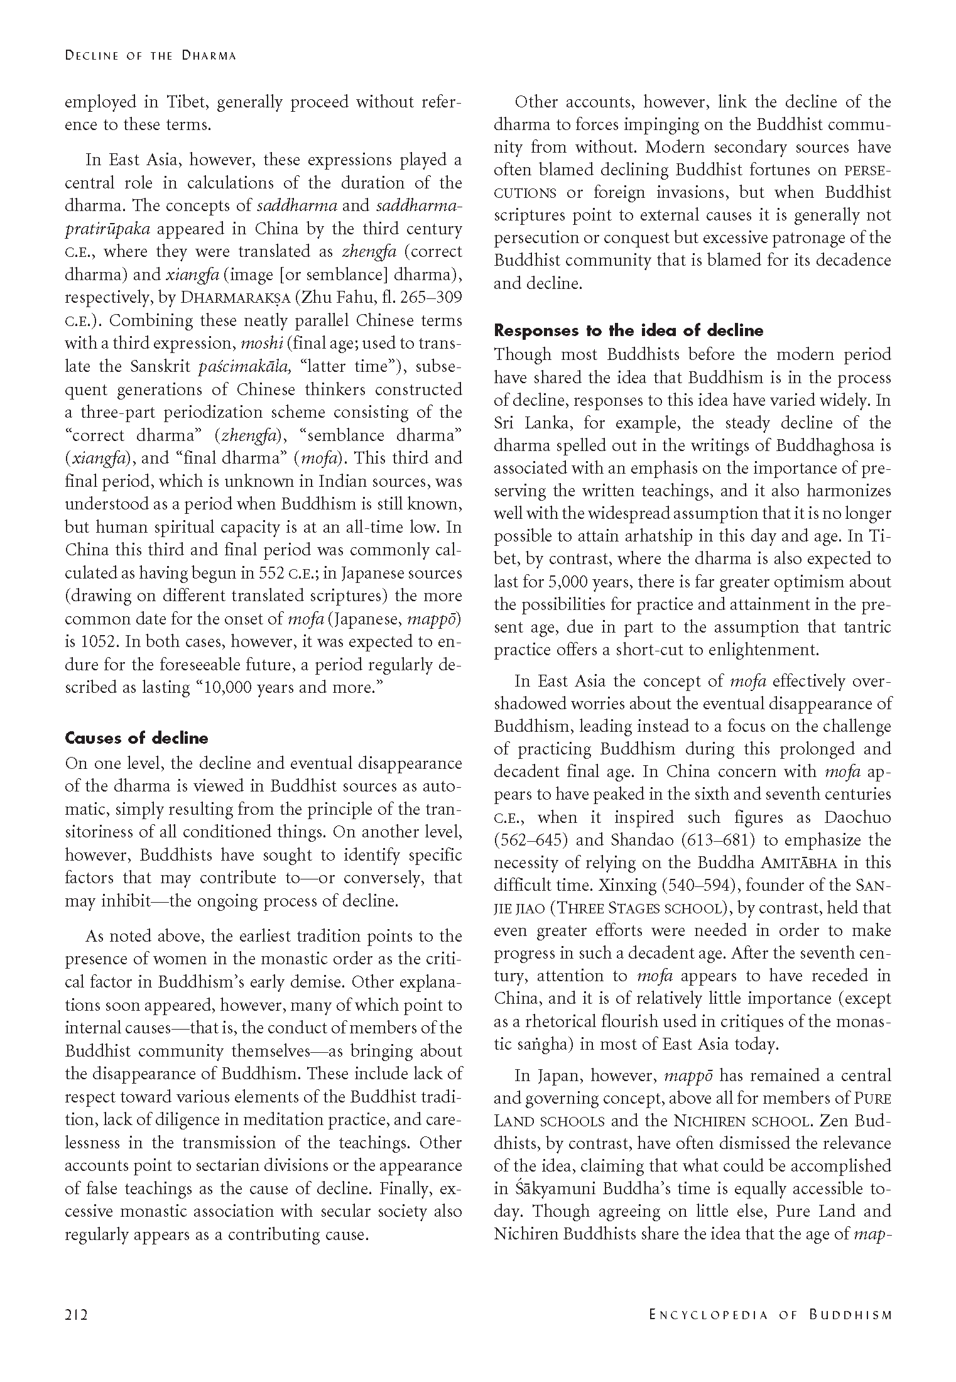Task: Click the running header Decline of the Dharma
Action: click(x=151, y=55)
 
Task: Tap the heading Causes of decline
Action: click(x=136, y=738)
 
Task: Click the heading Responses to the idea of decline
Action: click(x=629, y=330)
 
